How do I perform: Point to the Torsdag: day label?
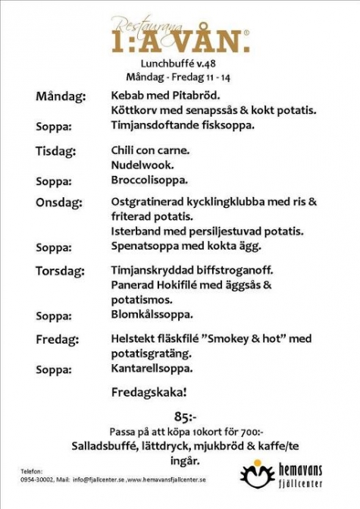pos(61,270)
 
